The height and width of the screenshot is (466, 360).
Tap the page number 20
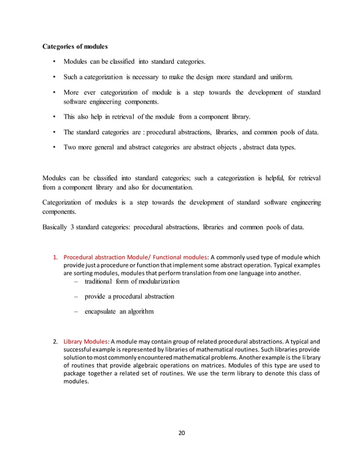pyautogui.click(x=182, y=433)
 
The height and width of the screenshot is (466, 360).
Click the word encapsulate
pyautogui.click(x=102, y=311)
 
